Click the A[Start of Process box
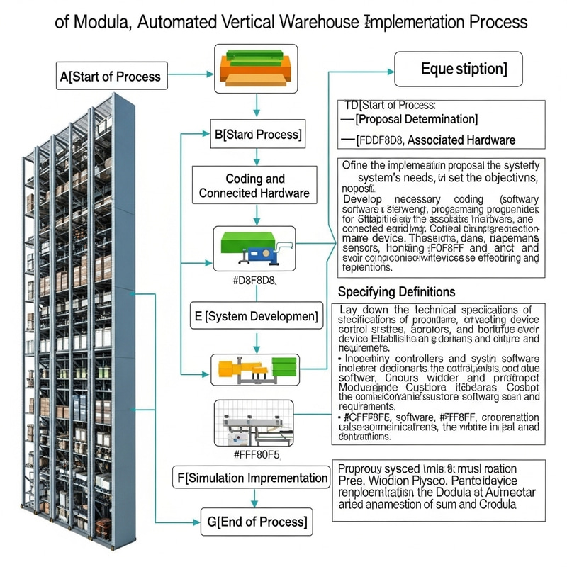[111, 76]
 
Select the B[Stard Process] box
[257, 133]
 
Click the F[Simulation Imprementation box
[252, 478]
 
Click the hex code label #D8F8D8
[254, 281]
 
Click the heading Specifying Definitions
[396, 291]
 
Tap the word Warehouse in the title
[308, 22]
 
